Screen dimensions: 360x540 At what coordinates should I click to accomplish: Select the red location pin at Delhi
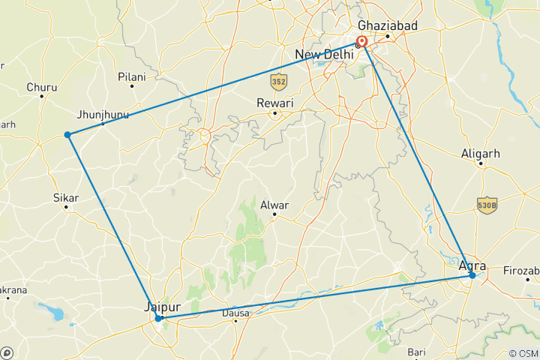[x=362, y=42]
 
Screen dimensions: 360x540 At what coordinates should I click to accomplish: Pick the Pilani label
[x=132, y=76]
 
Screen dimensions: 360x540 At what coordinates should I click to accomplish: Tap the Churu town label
[x=41, y=87]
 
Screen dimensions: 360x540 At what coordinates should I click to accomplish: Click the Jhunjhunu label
[x=103, y=115]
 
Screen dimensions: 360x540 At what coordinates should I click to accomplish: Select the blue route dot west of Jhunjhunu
[x=67, y=135]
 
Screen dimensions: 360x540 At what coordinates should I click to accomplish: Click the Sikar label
[x=66, y=198]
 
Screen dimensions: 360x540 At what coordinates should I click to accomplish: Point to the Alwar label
[x=274, y=204]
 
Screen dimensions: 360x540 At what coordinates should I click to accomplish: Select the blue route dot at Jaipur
[x=158, y=319]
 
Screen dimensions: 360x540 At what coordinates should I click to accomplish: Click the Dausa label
[x=235, y=313]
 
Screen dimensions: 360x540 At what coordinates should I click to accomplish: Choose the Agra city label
[x=472, y=265]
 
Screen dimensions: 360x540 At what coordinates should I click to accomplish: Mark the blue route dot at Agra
[x=472, y=276]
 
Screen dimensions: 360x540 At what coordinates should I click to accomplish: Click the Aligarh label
[x=481, y=154]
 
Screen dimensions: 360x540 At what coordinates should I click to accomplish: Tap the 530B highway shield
[x=487, y=204]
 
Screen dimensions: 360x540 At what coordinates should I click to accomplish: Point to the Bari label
[x=416, y=352]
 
